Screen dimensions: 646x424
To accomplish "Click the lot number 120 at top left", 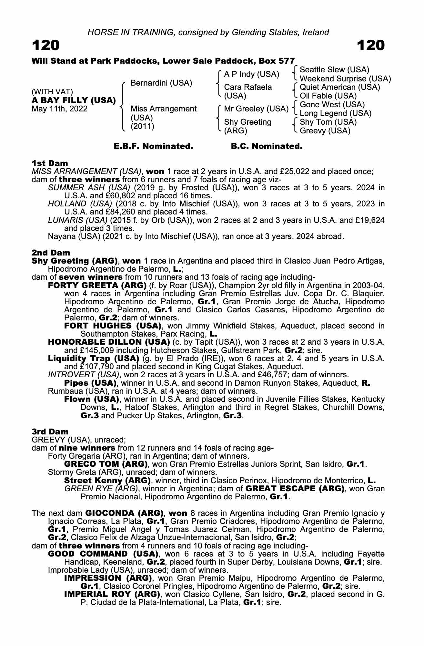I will (x=45, y=46).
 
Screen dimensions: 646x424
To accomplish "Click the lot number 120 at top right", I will (x=371, y=46).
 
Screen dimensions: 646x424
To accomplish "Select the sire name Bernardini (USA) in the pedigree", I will (x=161, y=83).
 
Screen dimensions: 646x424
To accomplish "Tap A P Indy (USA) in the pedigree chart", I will (x=251, y=74).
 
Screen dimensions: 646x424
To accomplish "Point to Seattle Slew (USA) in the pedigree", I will (x=334, y=70).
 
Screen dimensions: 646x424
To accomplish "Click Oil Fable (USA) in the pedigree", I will (x=328, y=96).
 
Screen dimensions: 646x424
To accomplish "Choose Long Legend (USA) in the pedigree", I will (x=335, y=113).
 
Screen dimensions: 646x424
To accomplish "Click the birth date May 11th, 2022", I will (x=59, y=109).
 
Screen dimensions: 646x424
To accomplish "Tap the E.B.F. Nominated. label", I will (x=153, y=146).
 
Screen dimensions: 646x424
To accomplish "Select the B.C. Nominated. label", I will (x=267, y=146).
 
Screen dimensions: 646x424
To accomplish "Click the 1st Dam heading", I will (x=50, y=163).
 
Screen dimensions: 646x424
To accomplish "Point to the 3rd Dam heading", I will (x=50, y=432).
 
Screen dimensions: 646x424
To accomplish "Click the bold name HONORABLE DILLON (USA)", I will (x=109, y=342).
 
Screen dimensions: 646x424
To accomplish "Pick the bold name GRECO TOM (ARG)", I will (x=106, y=464).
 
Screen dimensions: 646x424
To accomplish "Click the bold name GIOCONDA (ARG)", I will (x=124, y=513).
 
